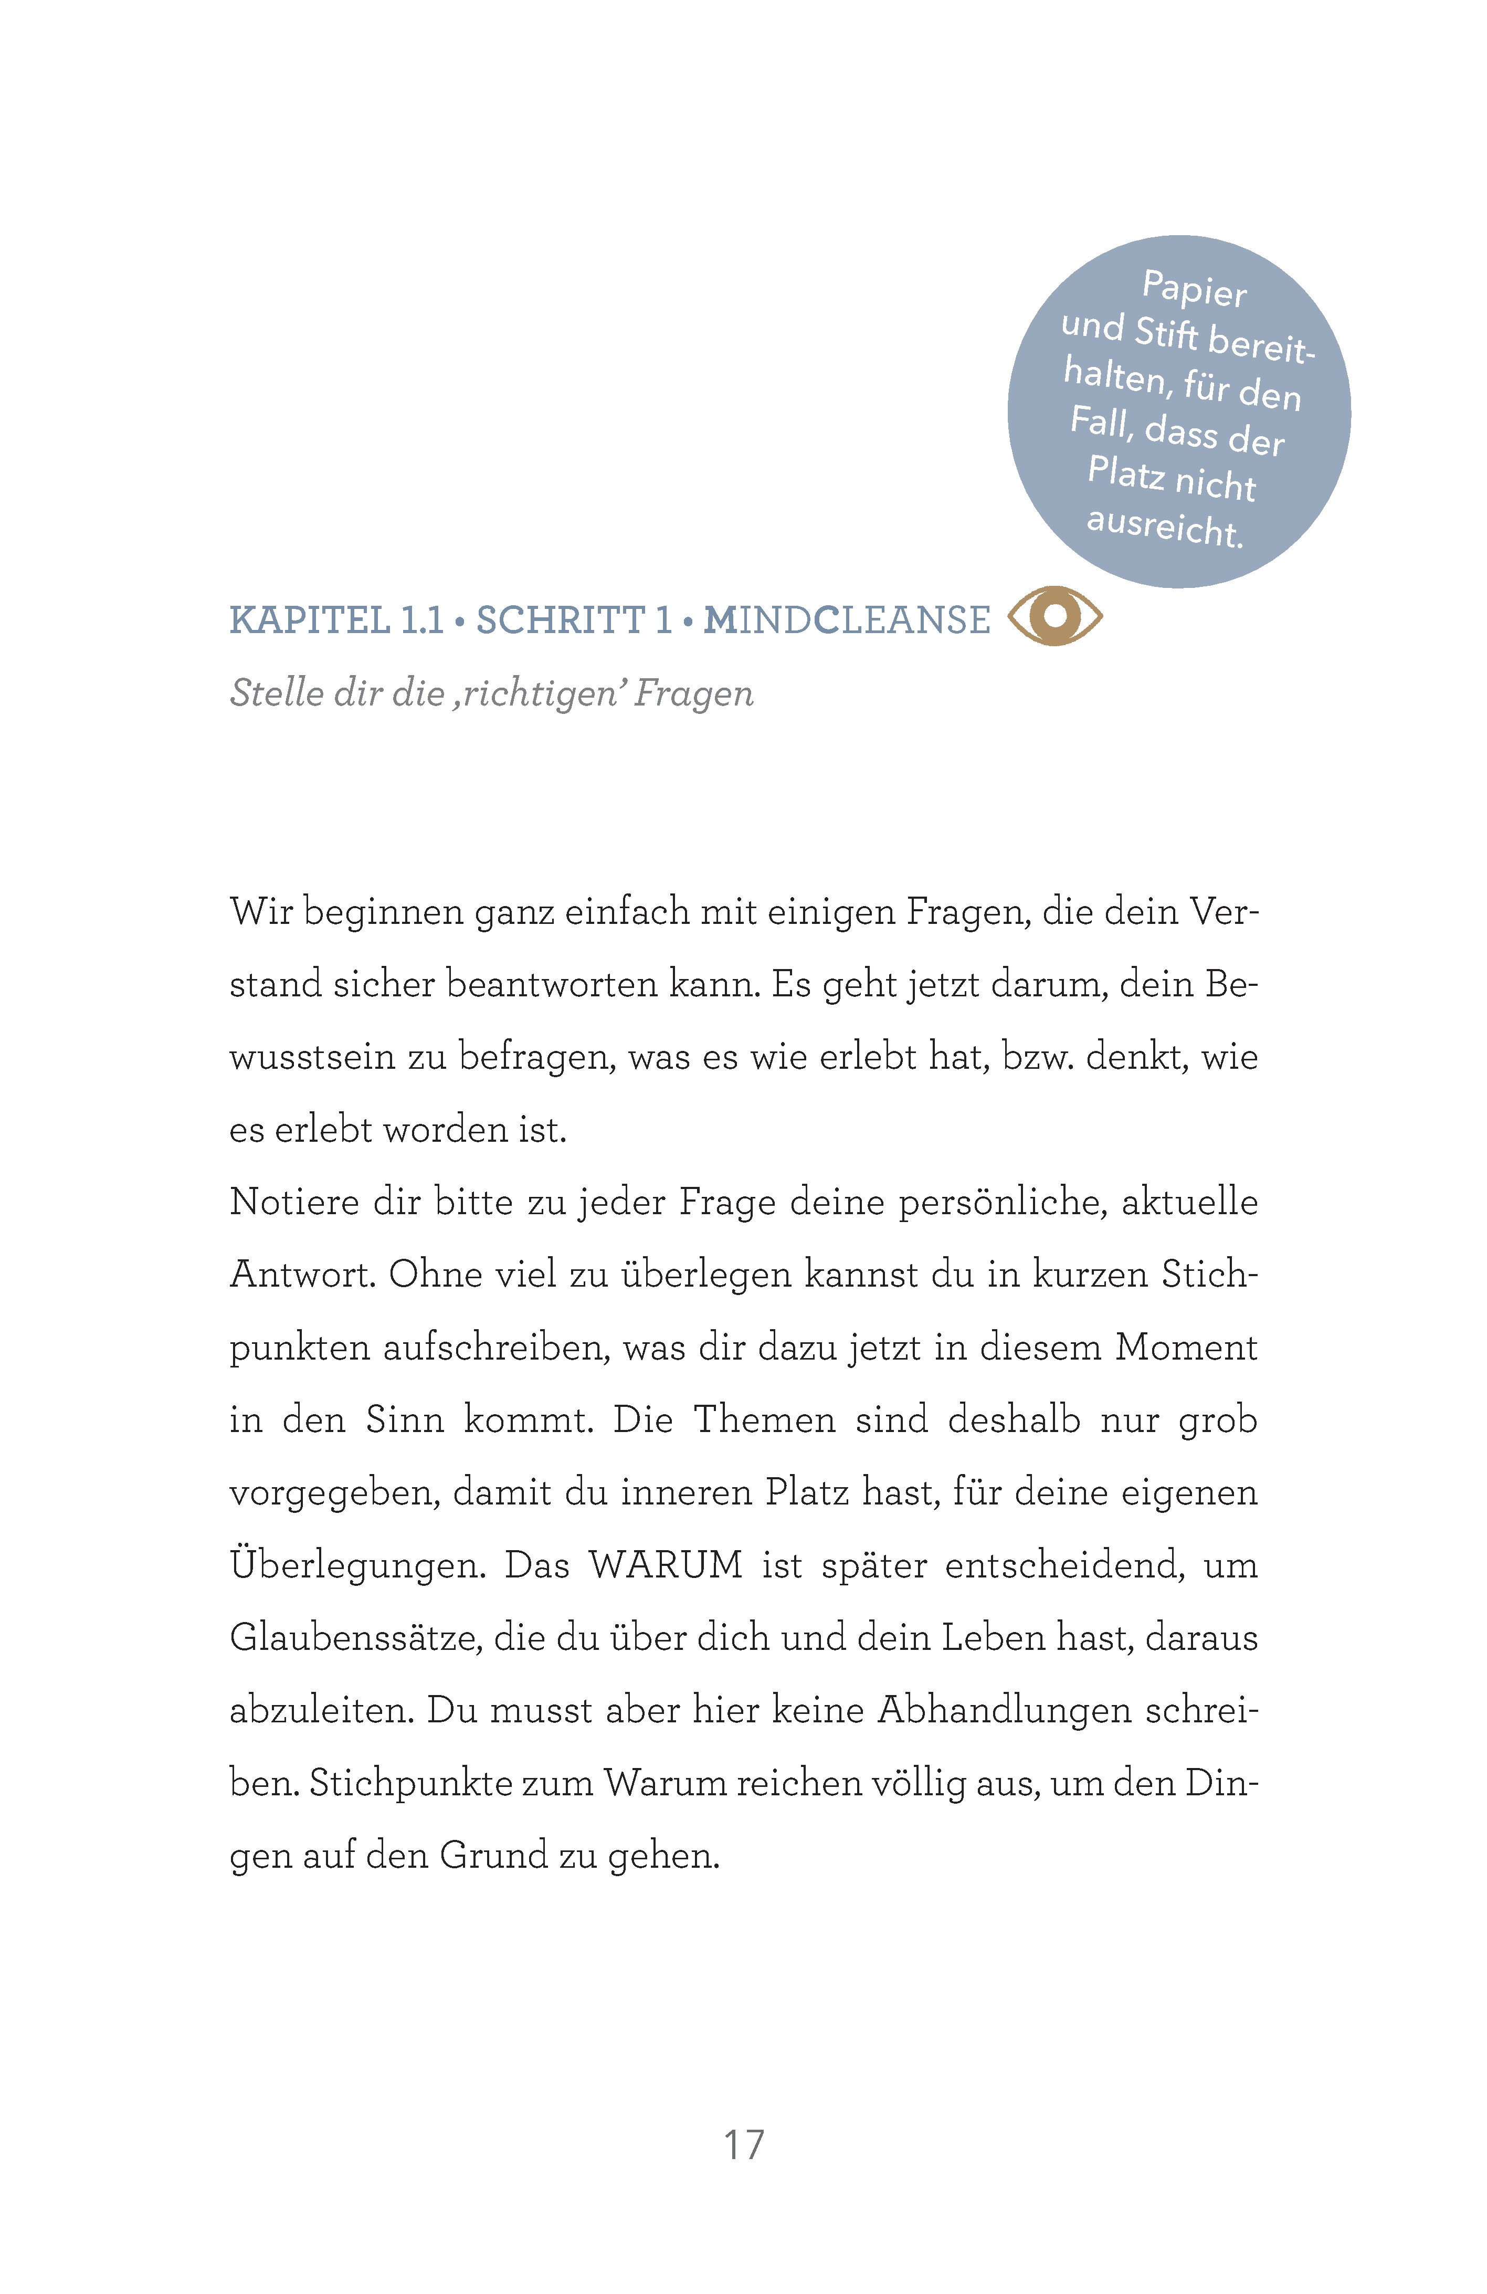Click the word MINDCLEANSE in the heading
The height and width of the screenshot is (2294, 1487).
point(846,620)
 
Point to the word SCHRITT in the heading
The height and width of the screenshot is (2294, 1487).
point(561,620)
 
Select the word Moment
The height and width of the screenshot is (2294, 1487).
point(1185,1346)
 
